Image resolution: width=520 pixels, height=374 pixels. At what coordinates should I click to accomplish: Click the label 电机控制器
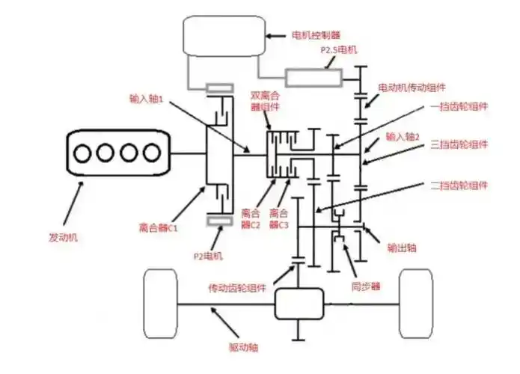319,34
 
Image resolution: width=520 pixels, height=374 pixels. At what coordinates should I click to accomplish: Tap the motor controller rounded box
224,37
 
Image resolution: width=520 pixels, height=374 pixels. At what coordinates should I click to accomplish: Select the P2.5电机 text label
340,50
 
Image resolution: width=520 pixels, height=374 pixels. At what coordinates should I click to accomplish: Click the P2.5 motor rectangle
313,77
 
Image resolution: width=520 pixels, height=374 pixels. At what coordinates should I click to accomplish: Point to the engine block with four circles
115,154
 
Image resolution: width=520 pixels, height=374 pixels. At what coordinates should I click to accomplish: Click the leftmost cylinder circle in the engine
82,154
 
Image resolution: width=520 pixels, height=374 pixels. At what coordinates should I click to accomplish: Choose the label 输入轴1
147,98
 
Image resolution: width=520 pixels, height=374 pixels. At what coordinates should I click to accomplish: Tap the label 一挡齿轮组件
460,106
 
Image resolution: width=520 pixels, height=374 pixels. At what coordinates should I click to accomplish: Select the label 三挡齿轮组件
460,144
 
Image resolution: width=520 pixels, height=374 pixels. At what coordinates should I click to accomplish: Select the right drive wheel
418,303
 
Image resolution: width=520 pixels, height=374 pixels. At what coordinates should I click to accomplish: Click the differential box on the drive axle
299,304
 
